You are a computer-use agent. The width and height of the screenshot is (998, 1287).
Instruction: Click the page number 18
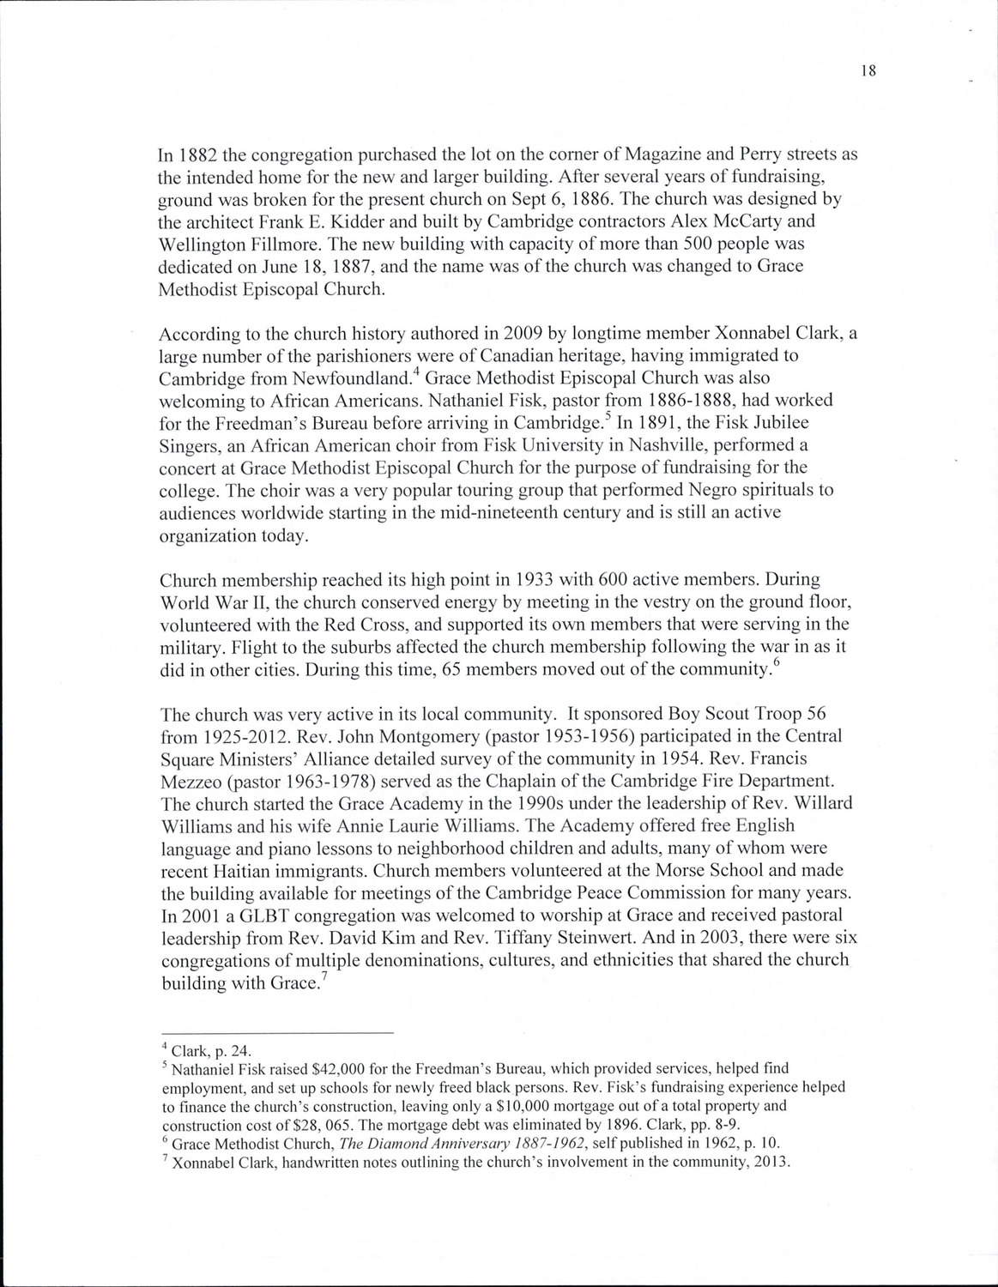(x=867, y=72)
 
